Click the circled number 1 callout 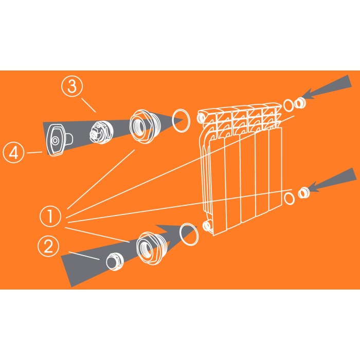(x=50, y=217)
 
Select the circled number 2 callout (x=48, y=246)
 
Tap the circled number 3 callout (x=72, y=86)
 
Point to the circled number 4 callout (x=13, y=152)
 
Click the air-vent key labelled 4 (x=59, y=140)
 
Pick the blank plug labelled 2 (x=115, y=261)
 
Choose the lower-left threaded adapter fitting (x=150, y=248)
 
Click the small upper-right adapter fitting (x=300, y=103)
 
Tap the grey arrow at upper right (x=328, y=87)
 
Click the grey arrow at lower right (x=333, y=180)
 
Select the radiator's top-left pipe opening (x=201, y=118)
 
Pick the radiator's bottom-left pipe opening (x=207, y=226)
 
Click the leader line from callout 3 (x=88, y=105)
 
